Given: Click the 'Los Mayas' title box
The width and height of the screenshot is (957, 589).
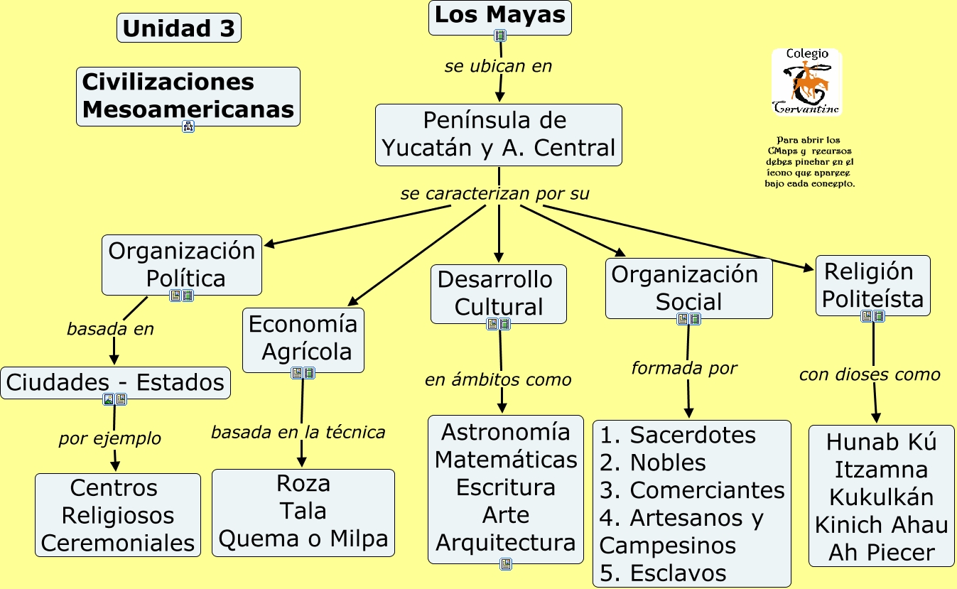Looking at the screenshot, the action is (x=500, y=18).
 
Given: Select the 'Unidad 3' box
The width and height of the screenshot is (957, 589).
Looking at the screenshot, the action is (x=179, y=28).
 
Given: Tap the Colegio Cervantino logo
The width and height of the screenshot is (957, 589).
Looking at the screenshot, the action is (x=806, y=82).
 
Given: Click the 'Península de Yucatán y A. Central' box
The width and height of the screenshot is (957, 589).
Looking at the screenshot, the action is (x=499, y=135).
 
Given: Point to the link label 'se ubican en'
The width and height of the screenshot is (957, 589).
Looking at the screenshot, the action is (x=498, y=66).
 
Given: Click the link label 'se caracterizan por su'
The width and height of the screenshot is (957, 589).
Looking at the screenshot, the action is (x=494, y=193).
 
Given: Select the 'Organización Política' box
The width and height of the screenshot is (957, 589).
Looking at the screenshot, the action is (x=182, y=265).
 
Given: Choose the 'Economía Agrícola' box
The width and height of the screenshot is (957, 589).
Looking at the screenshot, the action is (x=303, y=340).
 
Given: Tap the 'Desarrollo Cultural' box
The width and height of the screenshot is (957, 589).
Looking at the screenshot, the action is (x=499, y=294).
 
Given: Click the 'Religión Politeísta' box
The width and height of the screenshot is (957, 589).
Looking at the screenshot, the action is (x=873, y=286).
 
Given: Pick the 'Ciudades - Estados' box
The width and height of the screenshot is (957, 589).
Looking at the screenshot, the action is (x=115, y=383).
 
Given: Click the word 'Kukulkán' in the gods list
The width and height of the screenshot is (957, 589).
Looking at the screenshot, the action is (x=882, y=497).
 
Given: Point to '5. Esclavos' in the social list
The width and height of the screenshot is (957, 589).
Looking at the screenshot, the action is (x=663, y=573).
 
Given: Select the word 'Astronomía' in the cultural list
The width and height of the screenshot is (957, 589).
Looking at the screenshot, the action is (x=506, y=432).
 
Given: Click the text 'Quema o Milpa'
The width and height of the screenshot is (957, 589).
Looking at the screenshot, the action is (x=303, y=539).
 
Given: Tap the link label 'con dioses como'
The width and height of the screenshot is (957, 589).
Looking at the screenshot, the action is (x=870, y=374).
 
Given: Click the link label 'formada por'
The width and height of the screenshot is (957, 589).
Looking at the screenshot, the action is (x=684, y=368).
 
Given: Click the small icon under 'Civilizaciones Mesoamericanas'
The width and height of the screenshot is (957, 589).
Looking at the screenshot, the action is (x=188, y=126).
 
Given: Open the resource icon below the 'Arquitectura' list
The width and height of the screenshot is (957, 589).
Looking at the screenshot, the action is (x=506, y=564).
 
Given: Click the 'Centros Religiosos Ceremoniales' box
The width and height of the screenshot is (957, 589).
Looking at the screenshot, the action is (x=118, y=515).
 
